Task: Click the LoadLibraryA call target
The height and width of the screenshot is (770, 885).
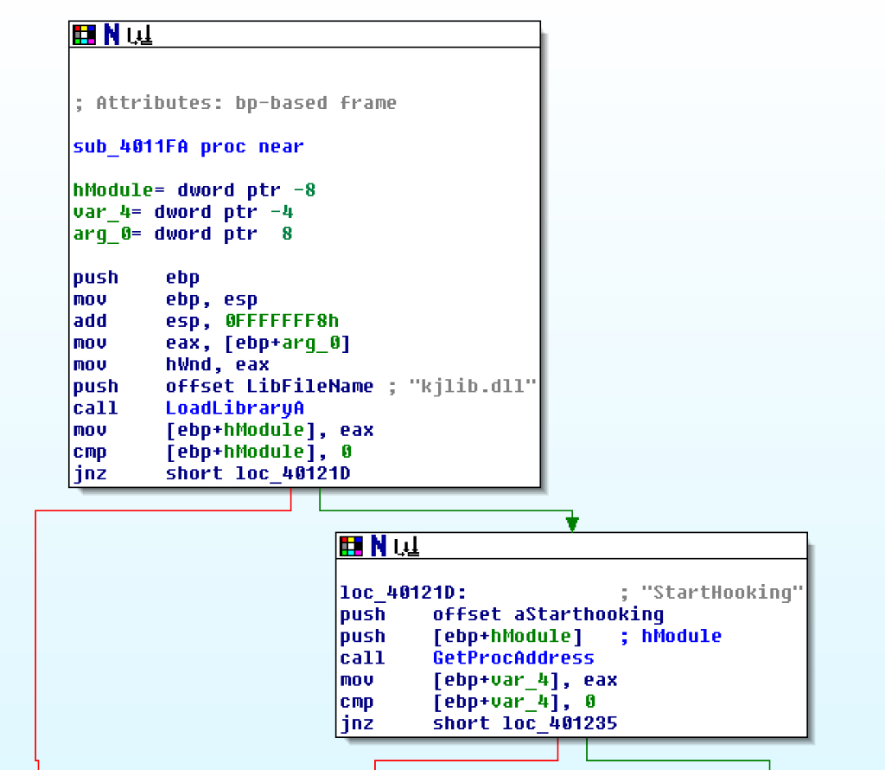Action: tap(234, 407)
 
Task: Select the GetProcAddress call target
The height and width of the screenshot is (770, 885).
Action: tap(513, 658)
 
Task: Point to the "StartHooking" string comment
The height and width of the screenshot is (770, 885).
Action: tap(723, 593)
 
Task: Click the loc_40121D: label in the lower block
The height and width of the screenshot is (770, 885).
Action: tap(403, 593)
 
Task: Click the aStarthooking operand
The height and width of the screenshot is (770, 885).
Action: tap(589, 614)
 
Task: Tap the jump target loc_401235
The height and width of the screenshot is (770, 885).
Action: tap(560, 723)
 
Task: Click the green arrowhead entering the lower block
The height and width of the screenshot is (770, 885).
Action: tap(571, 523)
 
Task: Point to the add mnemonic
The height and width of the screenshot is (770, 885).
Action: tap(90, 322)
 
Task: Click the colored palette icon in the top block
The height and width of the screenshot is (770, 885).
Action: tap(84, 35)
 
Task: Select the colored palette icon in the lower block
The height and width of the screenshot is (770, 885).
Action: tap(351, 546)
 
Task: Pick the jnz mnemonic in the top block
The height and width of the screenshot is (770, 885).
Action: tap(90, 473)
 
